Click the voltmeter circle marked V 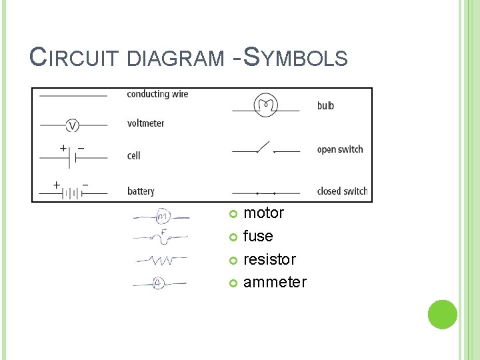pos(73,125)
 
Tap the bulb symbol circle pos(266,105)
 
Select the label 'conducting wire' pos(157,94)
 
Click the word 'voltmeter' pos(145,123)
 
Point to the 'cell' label pos(133,155)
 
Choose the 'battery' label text pos(141,191)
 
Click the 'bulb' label pos(325,105)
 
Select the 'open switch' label pos(340,149)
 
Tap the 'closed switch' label pos(342,191)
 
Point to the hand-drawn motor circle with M pos(163,217)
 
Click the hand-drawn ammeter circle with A pos(159,283)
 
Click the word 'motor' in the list pos(263,213)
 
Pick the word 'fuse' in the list pos(258,236)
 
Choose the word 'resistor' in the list pos(269,259)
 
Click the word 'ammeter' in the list pos(275,282)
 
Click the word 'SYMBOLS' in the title pos(295,58)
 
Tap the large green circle pos(442,315)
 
